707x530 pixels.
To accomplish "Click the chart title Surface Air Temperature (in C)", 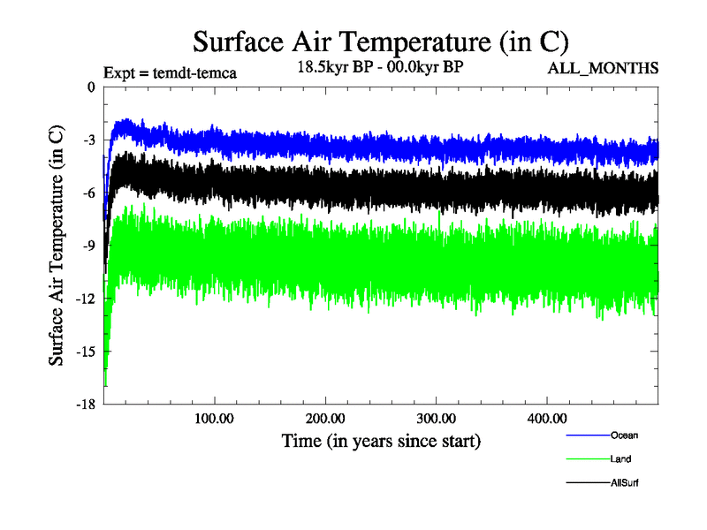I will point(380,42).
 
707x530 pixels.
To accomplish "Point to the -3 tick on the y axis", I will point(87,140).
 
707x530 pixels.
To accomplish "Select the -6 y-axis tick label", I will point(87,193).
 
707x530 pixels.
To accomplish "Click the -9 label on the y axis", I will point(87,246).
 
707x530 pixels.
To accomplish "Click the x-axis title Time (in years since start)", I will point(382,440).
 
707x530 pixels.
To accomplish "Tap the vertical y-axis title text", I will point(56,246).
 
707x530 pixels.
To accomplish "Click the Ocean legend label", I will point(624,435).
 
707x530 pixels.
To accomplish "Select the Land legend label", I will point(620,458).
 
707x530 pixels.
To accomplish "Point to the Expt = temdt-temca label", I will point(170,73).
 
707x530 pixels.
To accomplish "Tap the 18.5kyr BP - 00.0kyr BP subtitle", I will point(380,66).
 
